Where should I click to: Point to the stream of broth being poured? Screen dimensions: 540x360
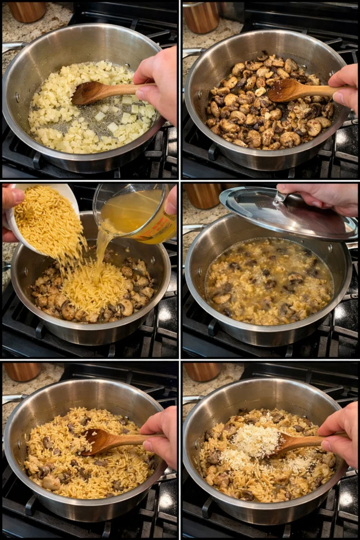(x=101, y=248)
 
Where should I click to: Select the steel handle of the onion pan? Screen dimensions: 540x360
(x=12, y=47)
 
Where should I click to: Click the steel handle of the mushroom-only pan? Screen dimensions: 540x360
(x=193, y=52)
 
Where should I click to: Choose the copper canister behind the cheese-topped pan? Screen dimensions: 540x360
(x=203, y=371)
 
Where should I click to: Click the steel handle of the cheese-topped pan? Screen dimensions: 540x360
(x=191, y=402)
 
